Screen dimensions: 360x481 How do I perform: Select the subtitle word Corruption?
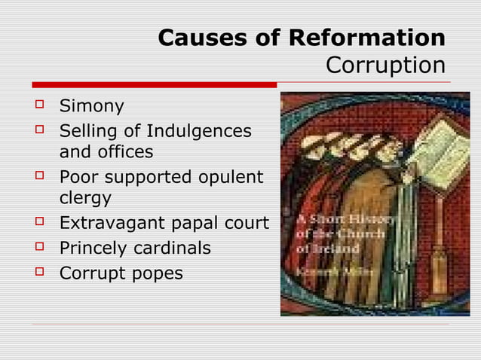(385, 66)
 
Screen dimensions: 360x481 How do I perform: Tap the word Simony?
(92, 106)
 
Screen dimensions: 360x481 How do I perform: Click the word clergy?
(85, 199)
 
